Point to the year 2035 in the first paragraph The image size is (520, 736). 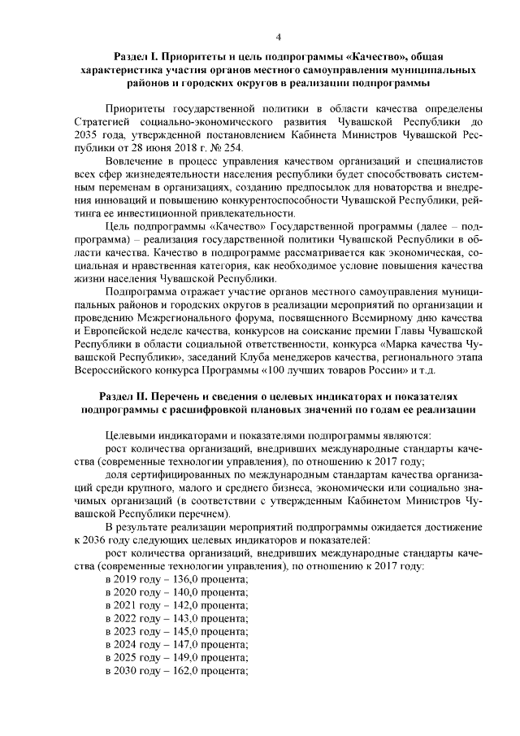(86, 134)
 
